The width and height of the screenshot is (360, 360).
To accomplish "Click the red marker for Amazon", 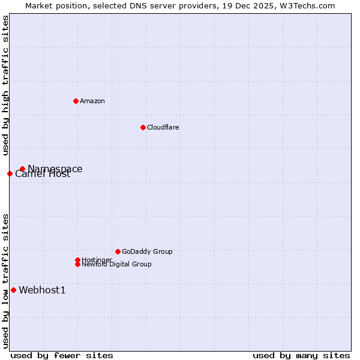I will click(76, 101).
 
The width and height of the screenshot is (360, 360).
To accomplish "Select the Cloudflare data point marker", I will click(143, 127).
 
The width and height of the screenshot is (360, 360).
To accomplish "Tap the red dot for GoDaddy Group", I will click(118, 251).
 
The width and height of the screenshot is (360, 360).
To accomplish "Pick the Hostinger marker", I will click(77, 260).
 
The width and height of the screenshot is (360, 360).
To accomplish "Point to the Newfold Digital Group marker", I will click(77, 264).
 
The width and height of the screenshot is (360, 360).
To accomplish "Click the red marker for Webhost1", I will click(13, 290).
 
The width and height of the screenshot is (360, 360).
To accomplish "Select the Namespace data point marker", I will click(22, 169).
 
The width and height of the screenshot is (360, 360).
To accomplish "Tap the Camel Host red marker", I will click(10, 174).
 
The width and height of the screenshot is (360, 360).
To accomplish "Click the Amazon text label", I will click(92, 101).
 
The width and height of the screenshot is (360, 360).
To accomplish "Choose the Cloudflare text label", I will click(163, 127).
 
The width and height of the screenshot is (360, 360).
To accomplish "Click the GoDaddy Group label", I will click(147, 251).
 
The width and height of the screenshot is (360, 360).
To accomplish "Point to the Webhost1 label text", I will click(42, 290).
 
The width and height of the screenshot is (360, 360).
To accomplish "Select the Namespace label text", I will click(55, 169).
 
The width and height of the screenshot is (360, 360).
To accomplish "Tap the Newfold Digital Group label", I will click(117, 265).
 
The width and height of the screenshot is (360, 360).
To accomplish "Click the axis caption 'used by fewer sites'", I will click(62, 356).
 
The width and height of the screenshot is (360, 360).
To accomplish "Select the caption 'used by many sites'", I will click(301, 356).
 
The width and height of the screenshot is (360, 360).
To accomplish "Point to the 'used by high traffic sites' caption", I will click(5, 85).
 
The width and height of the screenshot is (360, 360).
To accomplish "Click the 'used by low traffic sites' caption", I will click(5, 281).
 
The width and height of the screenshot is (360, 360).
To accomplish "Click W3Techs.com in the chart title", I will click(306, 5).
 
